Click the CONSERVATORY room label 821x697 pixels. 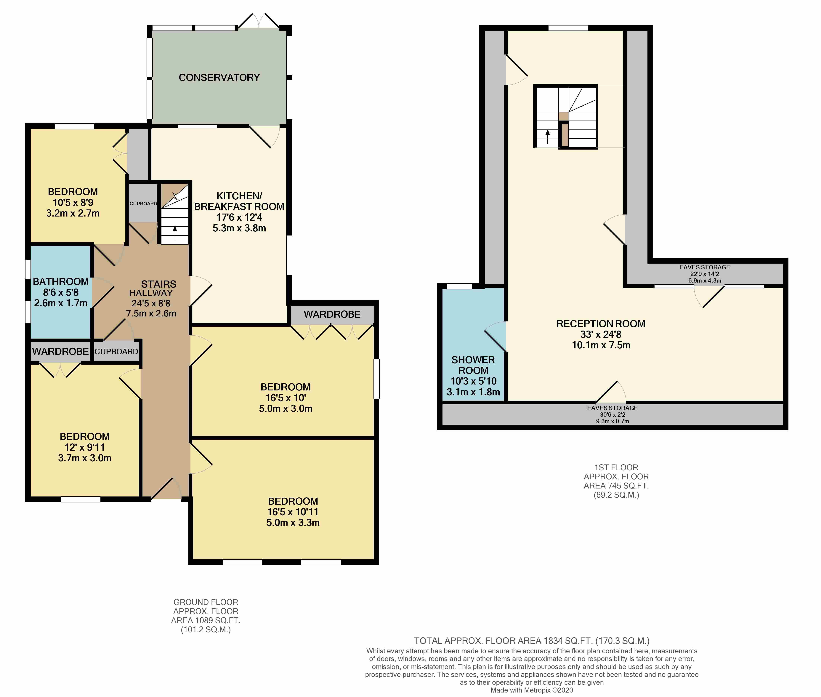coord(219,77)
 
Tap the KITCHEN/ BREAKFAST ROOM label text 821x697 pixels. coord(239,201)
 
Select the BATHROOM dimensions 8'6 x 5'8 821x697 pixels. coord(61,292)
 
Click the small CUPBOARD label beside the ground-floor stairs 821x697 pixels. coord(143,204)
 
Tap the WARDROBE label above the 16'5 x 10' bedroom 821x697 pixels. coord(332,314)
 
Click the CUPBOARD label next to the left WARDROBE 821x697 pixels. coord(116,351)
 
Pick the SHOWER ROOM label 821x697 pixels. coord(473,365)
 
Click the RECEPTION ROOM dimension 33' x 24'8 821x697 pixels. coord(601,334)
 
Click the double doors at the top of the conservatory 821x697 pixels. coord(259,22)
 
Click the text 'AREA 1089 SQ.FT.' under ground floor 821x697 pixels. coord(206,620)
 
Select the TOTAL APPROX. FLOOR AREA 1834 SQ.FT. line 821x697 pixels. coord(531,640)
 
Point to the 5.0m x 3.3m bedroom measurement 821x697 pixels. coord(293,522)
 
